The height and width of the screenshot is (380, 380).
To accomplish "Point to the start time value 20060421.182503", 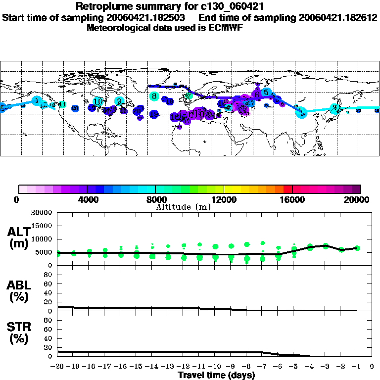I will [x=148, y=17].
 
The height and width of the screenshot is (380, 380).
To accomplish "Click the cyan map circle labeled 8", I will [x=154, y=96].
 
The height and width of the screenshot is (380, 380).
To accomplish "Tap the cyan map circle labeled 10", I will [x=98, y=101].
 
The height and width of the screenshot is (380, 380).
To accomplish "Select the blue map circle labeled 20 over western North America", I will [x=75, y=108].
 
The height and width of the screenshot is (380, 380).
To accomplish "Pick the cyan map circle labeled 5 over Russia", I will [x=266, y=93].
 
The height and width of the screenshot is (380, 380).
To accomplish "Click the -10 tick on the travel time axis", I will [x=215, y=367].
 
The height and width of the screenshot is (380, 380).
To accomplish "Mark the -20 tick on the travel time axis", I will [x=57, y=367].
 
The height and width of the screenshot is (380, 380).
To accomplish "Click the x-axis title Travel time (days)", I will [x=216, y=375].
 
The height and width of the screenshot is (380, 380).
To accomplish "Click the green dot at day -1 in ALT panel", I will [x=357, y=248].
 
